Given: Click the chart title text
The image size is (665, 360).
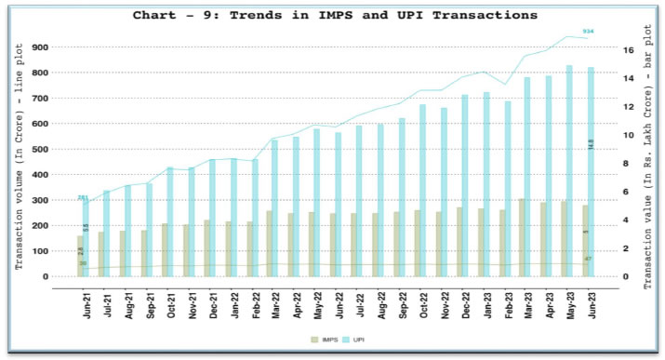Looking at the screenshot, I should click(x=334, y=15).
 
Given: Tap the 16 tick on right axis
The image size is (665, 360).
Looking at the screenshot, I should click(x=629, y=50).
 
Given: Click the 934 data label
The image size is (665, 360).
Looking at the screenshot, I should click(x=588, y=32).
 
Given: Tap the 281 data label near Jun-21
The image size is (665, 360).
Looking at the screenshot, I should click(x=83, y=197).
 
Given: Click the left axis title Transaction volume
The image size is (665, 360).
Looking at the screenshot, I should click(x=20, y=163).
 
